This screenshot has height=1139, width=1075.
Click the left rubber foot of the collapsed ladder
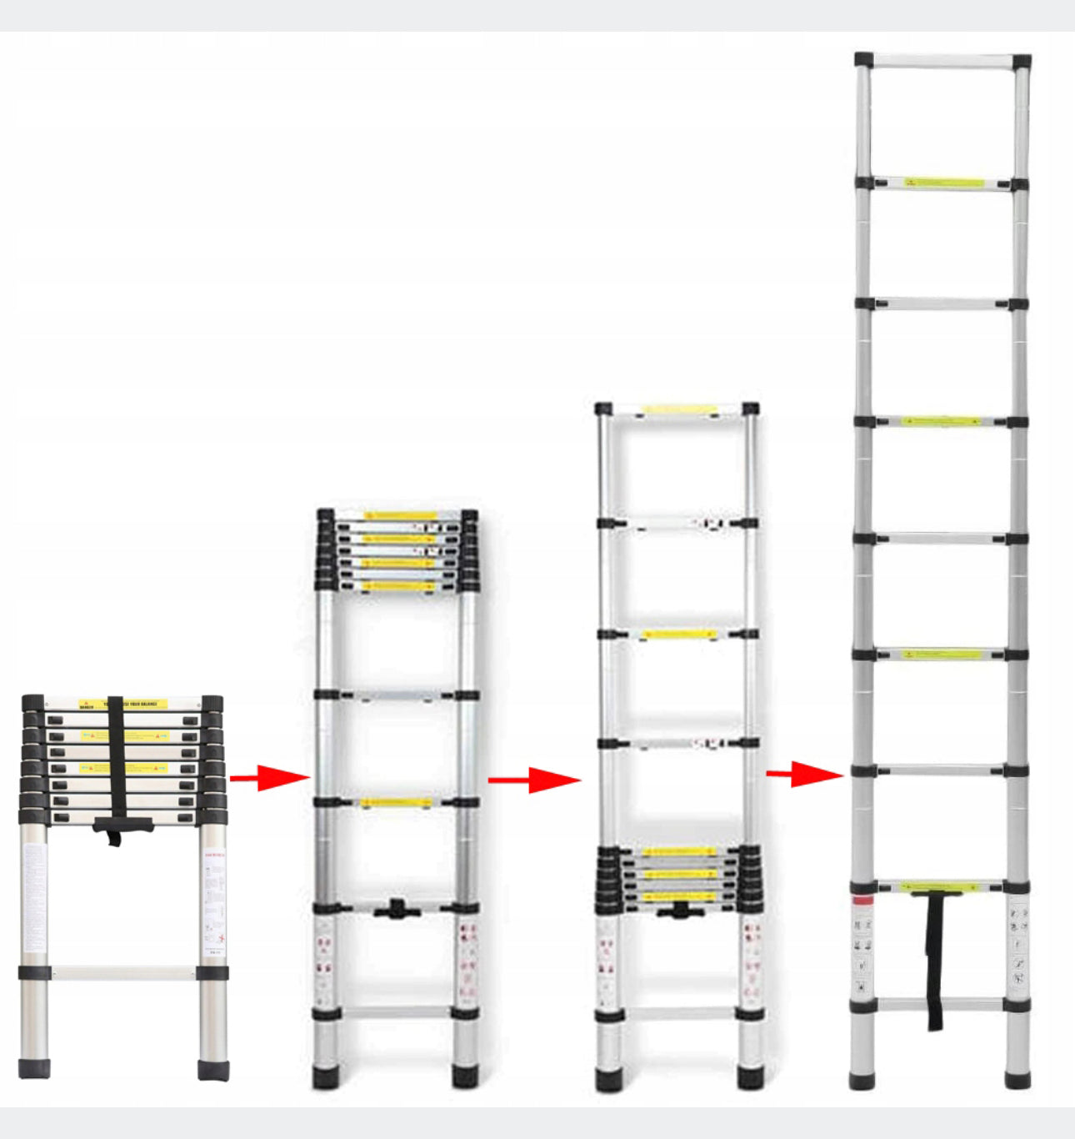pos(34,1067)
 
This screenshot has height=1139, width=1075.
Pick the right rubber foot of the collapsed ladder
pos(213,1069)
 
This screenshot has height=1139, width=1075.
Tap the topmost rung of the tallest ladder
pos(942,62)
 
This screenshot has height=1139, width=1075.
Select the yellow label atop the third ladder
pos(680,409)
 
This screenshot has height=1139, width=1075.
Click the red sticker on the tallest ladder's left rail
pos(862,901)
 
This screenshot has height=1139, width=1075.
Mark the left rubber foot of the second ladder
pos(326,1076)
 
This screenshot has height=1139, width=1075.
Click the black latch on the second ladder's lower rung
pos(394,909)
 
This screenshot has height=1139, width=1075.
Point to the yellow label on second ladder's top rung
pos(400,515)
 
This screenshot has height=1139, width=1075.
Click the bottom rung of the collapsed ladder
pos(123,972)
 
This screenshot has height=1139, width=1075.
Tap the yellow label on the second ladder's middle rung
pos(396,803)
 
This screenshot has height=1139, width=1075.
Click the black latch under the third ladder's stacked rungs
pos(680,911)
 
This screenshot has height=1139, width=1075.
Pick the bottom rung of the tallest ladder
pos(940,1004)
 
